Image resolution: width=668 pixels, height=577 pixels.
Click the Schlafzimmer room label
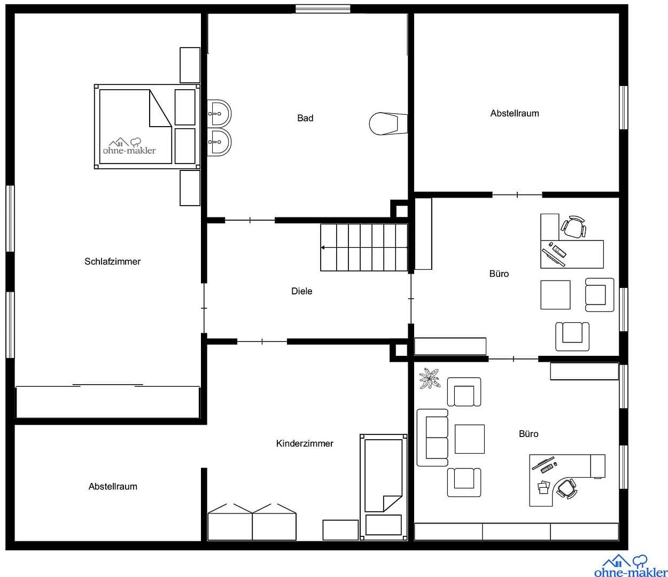pos(112,261)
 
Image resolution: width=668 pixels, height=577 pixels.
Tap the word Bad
pos(305,118)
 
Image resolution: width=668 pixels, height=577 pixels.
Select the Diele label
pos(301,291)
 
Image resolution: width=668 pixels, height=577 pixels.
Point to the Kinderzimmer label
pos(305,443)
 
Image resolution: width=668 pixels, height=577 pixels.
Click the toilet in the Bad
pos(384,123)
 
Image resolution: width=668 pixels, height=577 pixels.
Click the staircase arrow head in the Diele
pos(323,248)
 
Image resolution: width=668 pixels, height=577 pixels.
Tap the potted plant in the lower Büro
pos(430,379)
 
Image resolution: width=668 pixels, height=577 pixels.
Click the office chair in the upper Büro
pos(573,228)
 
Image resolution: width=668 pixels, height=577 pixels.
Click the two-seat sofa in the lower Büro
pos(432,438)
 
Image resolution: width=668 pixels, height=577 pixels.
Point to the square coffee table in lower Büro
pos(469,439)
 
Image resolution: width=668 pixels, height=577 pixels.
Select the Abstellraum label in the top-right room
pos(515,113)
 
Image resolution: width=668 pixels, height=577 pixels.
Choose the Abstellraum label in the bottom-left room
pos(113,487)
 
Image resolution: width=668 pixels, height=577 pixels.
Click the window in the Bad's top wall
pos(323,9)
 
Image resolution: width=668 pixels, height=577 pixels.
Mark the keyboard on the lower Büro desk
pos(547,469)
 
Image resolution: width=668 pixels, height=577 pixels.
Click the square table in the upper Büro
pos(555,295)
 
